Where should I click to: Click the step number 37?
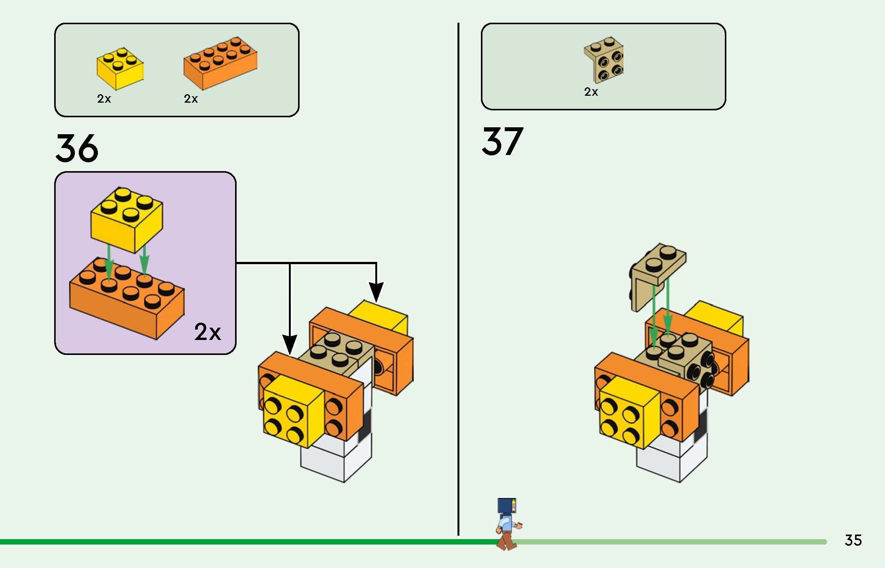point(502,141)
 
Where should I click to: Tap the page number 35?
point(853,540)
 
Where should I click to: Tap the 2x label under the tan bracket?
point(591,92)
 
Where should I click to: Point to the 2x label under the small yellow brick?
point(104,99)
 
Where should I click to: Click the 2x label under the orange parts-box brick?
point(191,99)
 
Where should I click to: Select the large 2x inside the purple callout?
point(207,331)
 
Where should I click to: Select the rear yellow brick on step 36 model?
point(384,317)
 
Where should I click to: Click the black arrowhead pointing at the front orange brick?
point(290,344)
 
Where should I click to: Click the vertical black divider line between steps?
point(458,269)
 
